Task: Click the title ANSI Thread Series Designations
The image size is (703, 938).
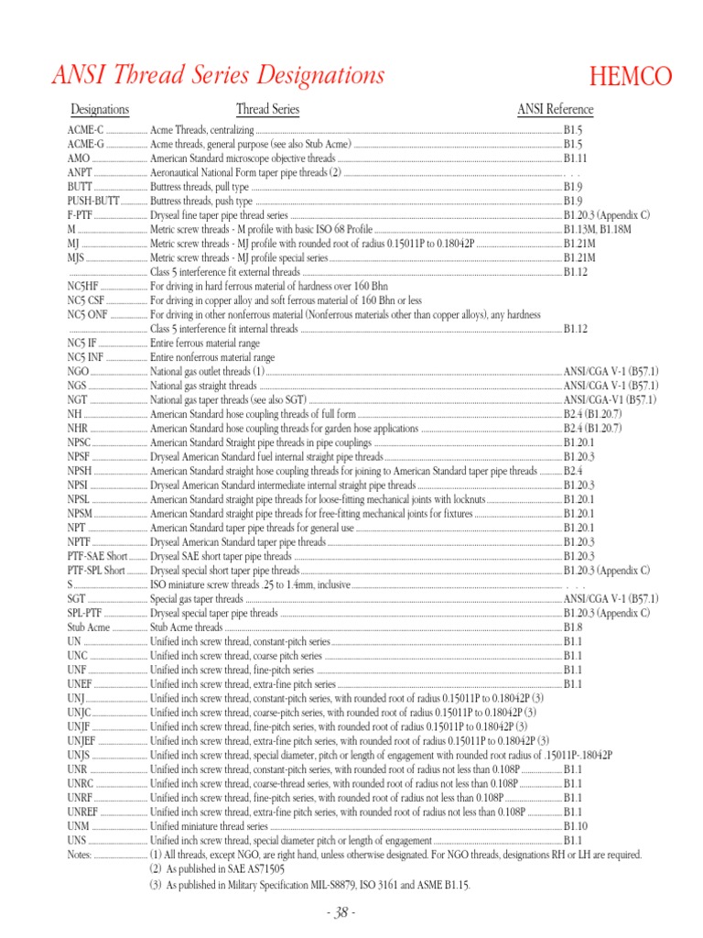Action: (218, 75)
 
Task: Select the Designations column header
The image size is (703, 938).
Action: (100, 110)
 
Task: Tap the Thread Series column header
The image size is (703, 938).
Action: (267, 110)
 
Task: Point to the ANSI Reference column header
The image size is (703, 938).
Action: (555, 110)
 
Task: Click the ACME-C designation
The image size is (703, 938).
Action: (86, 131)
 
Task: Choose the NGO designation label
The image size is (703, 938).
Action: (79, 371)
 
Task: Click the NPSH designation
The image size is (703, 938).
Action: (80, 471)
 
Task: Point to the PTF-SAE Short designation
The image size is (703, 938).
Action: (97, 556)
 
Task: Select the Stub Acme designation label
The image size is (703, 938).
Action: (88, 627)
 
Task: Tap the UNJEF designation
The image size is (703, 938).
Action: (81, 741)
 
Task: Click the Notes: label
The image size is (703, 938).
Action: (81, 855)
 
